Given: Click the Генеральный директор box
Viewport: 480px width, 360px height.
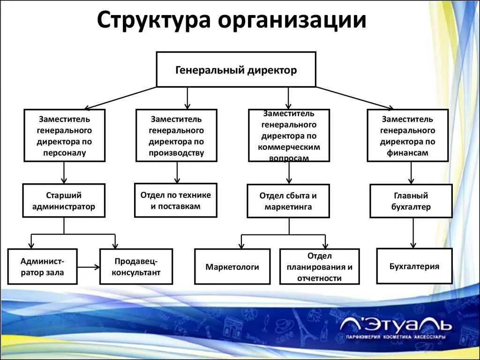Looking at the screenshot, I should point(236,69).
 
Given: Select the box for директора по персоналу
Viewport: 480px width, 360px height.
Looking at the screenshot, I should point(65,135).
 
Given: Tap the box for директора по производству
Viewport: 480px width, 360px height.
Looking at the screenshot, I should point(176,135).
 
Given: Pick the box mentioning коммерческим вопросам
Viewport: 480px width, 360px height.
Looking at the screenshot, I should point(289,135).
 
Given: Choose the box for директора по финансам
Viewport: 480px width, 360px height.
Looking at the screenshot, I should point(407,135).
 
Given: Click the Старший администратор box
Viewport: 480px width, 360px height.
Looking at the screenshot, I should point(64,200).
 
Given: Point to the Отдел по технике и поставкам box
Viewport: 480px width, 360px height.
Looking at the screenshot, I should point(176,200).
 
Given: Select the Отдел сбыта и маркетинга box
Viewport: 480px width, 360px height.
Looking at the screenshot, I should point(288,201).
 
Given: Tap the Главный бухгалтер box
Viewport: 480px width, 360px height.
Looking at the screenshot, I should point(411,201).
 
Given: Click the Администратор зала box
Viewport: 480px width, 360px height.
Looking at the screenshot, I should point(42,266).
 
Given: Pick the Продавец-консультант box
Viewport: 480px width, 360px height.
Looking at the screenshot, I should point(136,266).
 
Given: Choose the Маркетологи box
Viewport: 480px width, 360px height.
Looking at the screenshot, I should point(232,266).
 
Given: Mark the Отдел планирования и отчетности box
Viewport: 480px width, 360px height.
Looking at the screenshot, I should point(319,266).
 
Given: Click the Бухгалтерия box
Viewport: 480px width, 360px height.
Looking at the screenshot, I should point(414,266).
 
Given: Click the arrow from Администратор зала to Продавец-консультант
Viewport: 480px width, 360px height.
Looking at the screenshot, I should point(89,267).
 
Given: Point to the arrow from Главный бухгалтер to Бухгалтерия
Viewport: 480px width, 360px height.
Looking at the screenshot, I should point(413,233).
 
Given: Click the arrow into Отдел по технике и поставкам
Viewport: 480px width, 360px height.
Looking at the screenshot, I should point(177,172).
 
